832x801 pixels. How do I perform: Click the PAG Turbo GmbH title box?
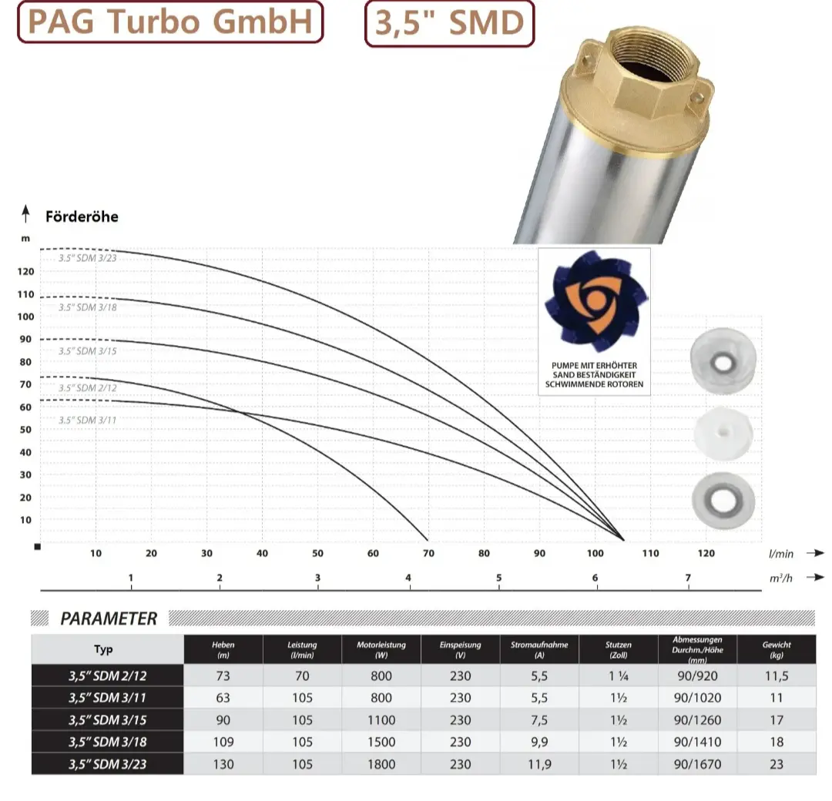pyautogui.click(x=170, y=22)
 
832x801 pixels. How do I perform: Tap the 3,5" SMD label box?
pyautogui.click(x=449, y=23)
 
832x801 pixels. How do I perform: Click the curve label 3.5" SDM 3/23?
pyautogui.click(x=88, y=258)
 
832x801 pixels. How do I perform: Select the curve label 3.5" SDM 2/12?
pyautogui.click(x=88, y=387)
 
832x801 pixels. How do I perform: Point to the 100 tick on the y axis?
pyautogui.click(x=25, y=317)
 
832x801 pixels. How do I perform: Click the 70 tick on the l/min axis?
pyautogui.click(x=428, y=553)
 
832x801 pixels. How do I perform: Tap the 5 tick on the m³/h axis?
pyautogui.click(x=498, y=578)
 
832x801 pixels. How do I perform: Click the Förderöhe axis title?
pyautogui.click(x=82, y=216)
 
